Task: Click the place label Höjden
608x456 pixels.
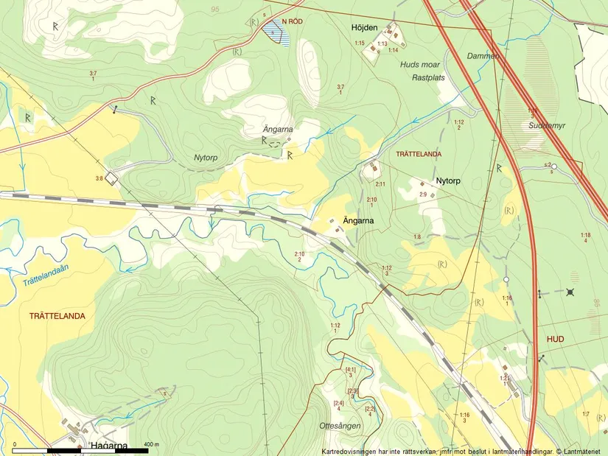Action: click(x=365, y=27)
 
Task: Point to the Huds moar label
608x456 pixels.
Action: click(x=419, y=65)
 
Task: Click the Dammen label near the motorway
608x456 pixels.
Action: click(x=483, y=56)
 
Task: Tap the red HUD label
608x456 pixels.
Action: click(x=556, y=339)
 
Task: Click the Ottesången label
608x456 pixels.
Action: click(x=340, y=426)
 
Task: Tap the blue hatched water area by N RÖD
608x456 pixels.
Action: click(x=276, y=32)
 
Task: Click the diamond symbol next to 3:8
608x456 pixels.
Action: click(x=111, y=178)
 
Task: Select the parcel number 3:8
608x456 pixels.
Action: click(x=99, y=178)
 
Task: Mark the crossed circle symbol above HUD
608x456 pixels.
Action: click(x=570, y=292)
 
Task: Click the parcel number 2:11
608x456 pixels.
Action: click(x=380, y=183)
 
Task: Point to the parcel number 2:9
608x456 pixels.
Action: click(x=423, y=194)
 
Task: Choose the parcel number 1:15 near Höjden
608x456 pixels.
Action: click(x=360, y=44)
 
